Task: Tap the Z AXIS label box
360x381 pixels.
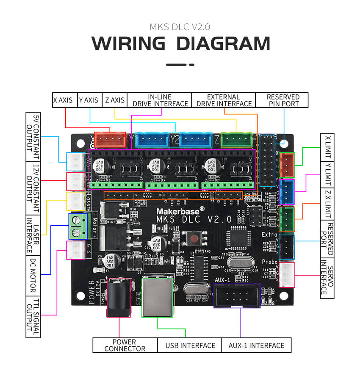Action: click(115, 100)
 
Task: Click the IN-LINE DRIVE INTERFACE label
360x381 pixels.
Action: click(160, 100)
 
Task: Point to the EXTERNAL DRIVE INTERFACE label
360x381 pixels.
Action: click(224, 100)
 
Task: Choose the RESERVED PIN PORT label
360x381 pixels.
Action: click(282, 100)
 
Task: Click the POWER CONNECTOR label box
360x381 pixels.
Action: click(125, 345)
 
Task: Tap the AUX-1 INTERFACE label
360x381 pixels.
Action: click(256, 345)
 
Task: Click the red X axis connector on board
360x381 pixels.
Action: click(110, 139)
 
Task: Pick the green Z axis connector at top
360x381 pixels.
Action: click(236, 139)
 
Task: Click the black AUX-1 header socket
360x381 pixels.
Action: click(237, 295)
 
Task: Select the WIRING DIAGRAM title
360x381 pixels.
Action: click(181, 44)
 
